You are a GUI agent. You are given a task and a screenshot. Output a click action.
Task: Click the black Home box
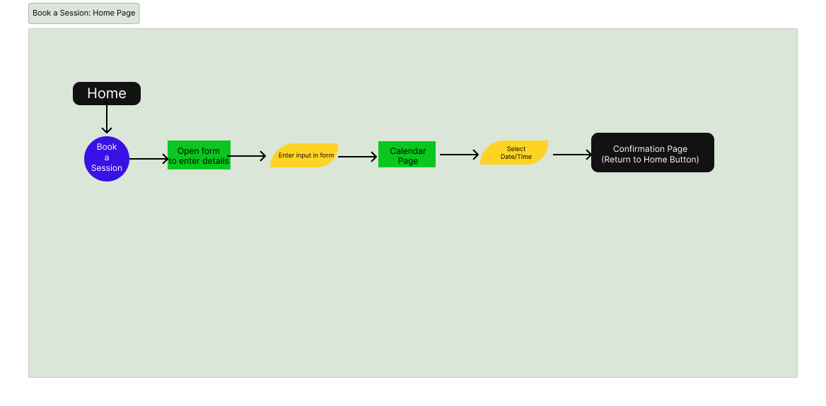click(107, 93)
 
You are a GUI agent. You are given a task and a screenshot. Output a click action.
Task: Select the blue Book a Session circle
click(107, 158)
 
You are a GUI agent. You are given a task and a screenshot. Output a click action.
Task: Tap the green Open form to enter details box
click(199, 155)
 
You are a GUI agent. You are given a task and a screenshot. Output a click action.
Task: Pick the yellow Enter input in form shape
click(304, 155)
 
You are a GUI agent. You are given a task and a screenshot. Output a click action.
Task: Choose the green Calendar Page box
click(407, 155)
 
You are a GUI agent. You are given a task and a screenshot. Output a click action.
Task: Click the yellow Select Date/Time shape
click(514, 153)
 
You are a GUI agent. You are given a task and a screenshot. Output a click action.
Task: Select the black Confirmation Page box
click(652, 153)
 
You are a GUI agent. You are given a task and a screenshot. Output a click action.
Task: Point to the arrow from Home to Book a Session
click(107, 119)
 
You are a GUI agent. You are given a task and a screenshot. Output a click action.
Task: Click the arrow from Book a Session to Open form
click(149, 159)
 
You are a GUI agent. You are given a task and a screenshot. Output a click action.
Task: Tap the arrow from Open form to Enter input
click(248, 156)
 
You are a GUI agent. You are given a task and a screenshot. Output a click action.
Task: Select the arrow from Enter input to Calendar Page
click(357, 157)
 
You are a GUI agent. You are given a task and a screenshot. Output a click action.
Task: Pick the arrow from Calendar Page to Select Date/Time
click(458, 155)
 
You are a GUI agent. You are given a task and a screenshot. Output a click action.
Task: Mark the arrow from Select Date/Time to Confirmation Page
click(571, 155)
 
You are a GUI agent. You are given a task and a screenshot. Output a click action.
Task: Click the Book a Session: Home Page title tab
click(83, 13)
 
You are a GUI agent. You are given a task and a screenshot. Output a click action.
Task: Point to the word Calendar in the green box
click(408, 151)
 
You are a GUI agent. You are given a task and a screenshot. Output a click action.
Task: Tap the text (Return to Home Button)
click(650, 160)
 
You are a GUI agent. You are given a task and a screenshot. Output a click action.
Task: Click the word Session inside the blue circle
click(107, 168)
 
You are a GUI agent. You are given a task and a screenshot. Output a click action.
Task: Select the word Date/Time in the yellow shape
click(516, 157)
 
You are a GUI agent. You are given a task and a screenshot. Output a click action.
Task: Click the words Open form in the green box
click(199, 151)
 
